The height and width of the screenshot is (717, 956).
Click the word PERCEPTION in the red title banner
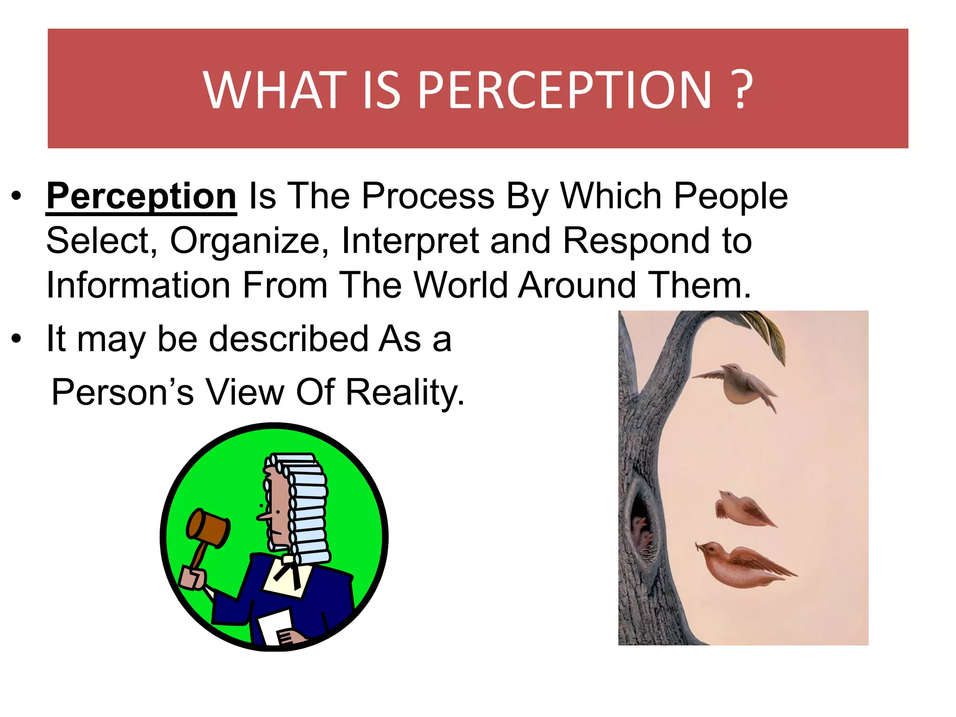pyautogui.click(x=565, y=90)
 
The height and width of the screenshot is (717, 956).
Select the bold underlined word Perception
pyautogui.click(x=141, y=196)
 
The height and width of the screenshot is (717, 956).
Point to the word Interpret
pyautogui.click(x=410, y=241)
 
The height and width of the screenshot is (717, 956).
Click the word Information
pyautogui.click(x=138, y=285)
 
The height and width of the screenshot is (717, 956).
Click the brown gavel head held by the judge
pyautogui.click(x=208, y=528)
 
